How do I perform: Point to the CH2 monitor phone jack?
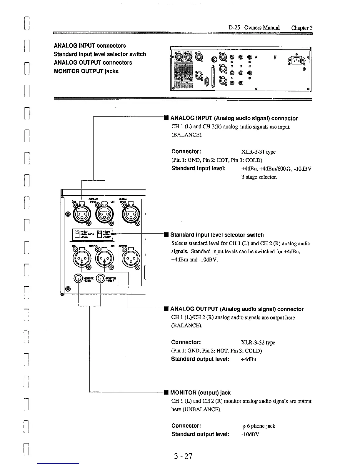point(78,279)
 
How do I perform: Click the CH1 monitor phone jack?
point(101,279)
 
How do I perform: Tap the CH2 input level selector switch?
point(77,234)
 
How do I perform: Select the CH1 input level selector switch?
point(100,234)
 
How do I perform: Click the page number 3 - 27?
point(183,456)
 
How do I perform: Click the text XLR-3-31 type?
point(258,152)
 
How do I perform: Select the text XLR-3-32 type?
point(258,343)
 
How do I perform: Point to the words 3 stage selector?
point(259,177)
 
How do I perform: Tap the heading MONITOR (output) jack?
point(200,393)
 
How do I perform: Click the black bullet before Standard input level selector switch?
point(166,235)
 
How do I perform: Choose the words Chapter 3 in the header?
point(301,28)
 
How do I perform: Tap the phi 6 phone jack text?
point(258,426)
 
